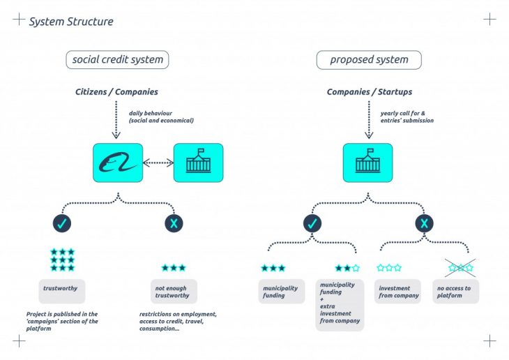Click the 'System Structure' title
coord(70,22)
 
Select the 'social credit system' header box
coord(117,60)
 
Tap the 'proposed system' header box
coord(369,60)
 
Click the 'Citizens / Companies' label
coord(116,92)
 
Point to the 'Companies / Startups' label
coord(369,92)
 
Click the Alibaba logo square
coord(117,163)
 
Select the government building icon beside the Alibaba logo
coord(198,163)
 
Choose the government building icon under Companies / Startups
coord(367,163)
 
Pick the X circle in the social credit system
coord(174,223)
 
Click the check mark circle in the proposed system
coord(312,223)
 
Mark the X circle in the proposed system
coord(424,223)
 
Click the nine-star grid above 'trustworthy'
coord(62,260)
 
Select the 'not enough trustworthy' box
coord(174,292)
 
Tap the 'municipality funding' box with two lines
coord(282,292)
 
